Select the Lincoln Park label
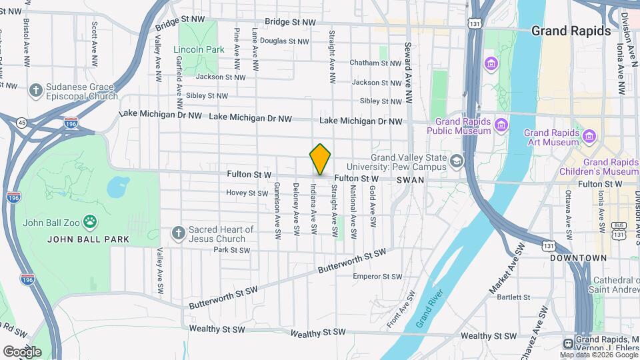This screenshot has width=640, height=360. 199,49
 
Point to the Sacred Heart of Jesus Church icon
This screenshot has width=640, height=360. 177,233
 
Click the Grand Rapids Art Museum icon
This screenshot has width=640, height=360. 589,136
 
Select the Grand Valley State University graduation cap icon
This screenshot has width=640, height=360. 456,160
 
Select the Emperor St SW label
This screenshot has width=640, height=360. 377,276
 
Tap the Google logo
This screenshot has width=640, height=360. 22,351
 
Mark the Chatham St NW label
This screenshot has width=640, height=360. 376,63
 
